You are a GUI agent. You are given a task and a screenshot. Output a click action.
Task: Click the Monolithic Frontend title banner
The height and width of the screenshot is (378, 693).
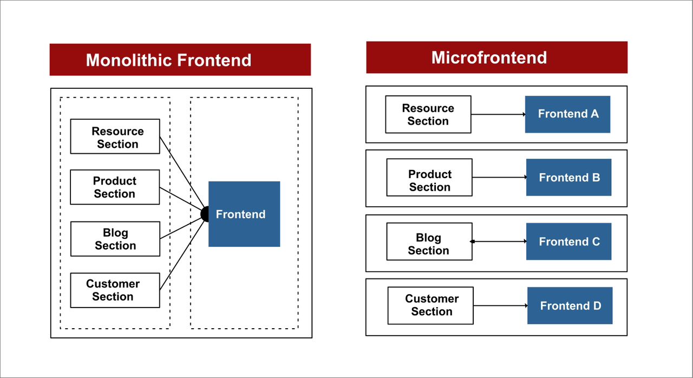180,60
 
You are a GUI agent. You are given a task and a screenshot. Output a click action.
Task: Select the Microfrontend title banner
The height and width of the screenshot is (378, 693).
496,57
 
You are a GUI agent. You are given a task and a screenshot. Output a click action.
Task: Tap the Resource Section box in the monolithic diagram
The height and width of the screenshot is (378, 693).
115,136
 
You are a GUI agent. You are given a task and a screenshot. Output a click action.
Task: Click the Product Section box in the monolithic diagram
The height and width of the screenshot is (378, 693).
115,187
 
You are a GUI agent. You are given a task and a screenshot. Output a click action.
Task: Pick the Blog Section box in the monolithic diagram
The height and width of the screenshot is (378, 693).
115,239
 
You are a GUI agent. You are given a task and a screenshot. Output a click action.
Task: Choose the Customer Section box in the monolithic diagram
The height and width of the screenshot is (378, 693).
115,290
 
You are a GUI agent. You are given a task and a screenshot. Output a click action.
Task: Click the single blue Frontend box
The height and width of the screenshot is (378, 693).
244,214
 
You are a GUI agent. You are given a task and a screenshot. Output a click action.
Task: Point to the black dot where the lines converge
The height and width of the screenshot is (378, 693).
206,214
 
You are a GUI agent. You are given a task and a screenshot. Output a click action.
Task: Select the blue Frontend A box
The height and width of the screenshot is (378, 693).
567,114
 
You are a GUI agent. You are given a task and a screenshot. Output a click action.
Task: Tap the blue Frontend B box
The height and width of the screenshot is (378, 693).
568,178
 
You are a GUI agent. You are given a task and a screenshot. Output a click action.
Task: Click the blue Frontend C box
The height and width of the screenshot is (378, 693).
568,242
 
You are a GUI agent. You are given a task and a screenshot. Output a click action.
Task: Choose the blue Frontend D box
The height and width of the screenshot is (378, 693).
570,306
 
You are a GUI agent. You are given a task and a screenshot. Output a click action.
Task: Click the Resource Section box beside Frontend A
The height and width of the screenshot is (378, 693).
428,114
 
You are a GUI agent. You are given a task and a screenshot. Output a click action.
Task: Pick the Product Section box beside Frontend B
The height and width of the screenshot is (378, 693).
429,178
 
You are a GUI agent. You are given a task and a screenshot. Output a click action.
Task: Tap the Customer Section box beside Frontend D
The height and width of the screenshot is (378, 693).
431,306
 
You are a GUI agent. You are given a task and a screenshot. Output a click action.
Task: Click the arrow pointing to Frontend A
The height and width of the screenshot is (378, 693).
498,114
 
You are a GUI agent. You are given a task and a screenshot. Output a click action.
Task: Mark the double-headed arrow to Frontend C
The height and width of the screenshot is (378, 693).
498,242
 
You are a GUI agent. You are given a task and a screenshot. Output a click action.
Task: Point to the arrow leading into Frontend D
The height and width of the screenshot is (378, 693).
500,306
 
